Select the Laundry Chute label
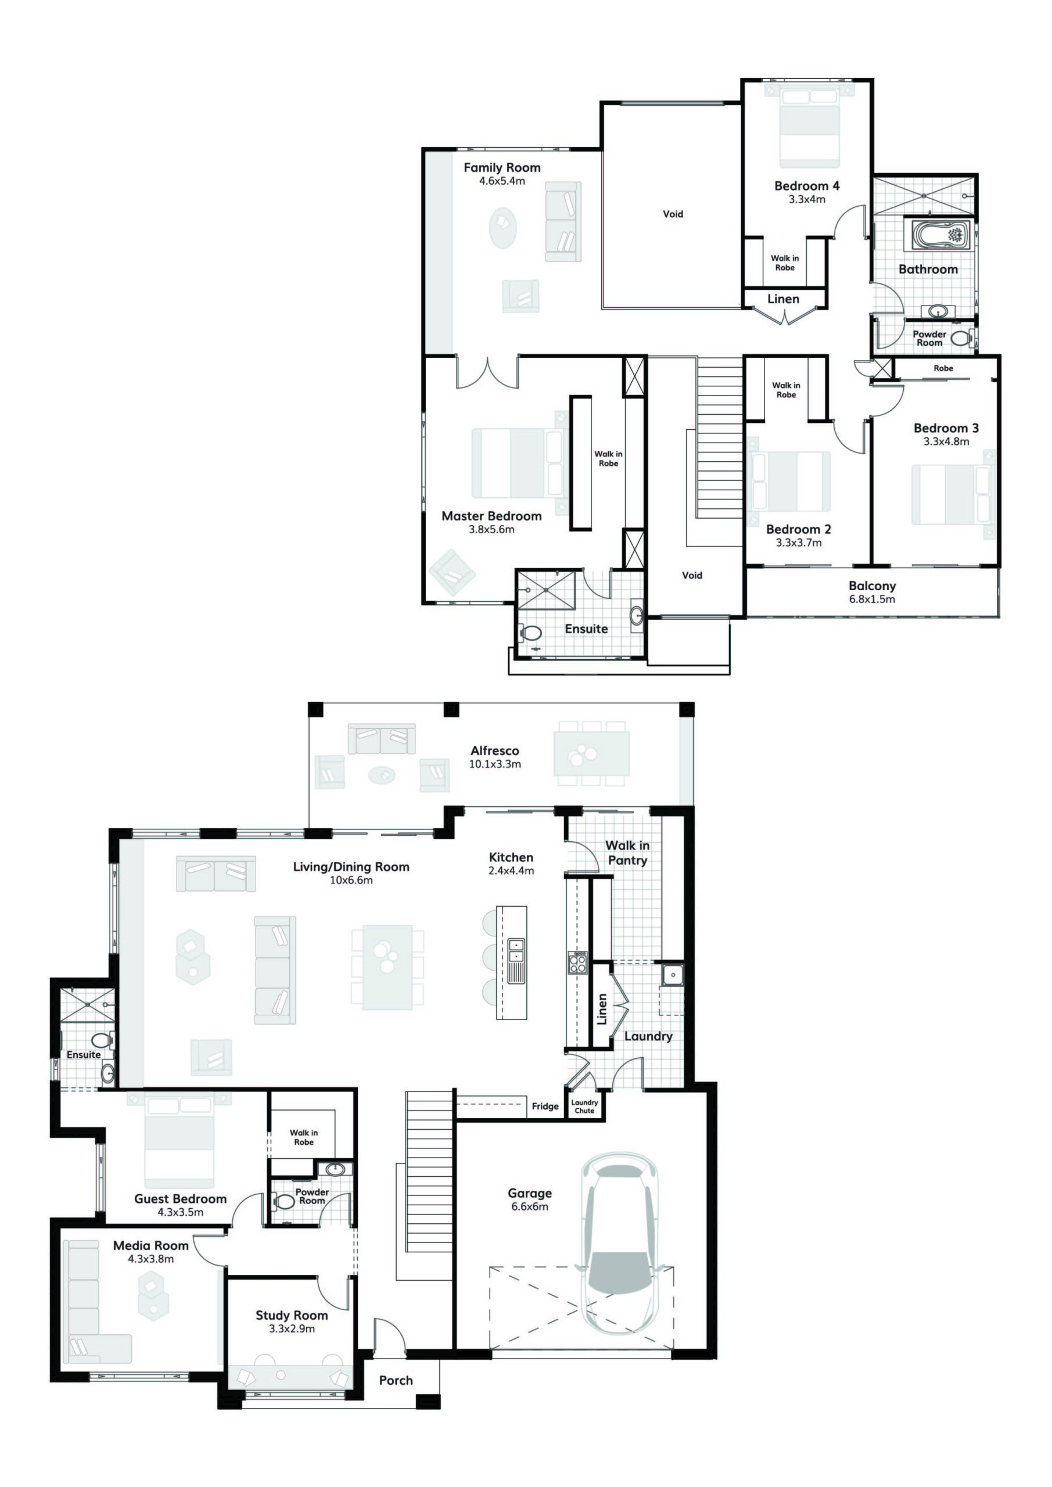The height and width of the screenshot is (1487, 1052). [584, 1107]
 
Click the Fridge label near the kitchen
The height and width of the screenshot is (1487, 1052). [545, 1106]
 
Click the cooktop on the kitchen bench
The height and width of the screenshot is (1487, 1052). [577, 963]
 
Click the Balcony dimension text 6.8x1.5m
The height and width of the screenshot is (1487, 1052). [872, 599]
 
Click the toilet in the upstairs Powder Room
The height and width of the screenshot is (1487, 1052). [961, 337]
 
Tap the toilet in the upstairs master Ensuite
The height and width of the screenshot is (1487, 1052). [531, 633]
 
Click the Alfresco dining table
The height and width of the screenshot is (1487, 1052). [591, 753]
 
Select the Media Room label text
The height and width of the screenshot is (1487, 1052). [151, 1245]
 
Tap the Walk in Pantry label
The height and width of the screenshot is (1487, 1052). [627, 852]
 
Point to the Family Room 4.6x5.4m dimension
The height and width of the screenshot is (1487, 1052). [502, 181]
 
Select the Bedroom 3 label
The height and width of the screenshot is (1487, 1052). [946, 428]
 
